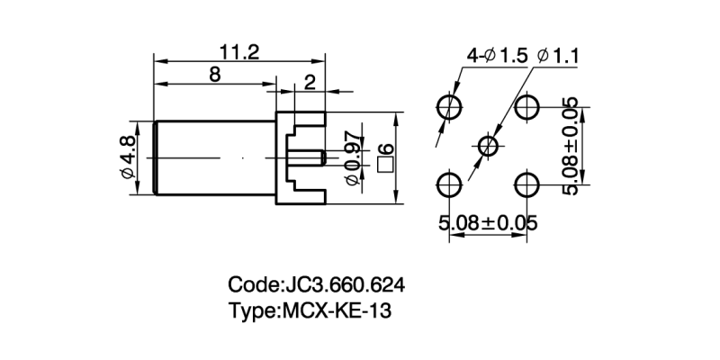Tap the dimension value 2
tap(310, 83)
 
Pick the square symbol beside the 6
tap(387, 165)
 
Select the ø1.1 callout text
tap(557, 56)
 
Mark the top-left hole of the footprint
tap(448, 107)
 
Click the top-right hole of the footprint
tap(526, 107)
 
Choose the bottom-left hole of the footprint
tap(448, 185)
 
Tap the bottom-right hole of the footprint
tap(526, 185)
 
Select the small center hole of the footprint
tap(488, 146)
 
